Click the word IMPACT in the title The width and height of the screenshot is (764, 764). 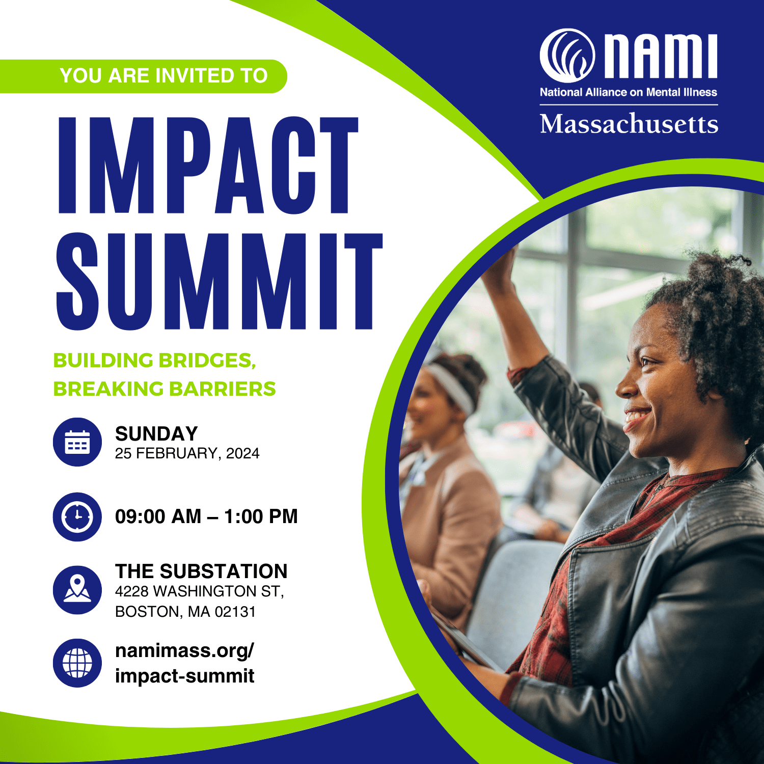(x=208, y=165)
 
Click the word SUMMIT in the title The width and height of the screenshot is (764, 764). (x=220, y=281)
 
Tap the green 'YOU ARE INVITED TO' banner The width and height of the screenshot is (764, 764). (x=143, y=76)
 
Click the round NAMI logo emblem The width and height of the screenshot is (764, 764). (x=567, y=56)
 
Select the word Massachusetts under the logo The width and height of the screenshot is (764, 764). (x=629, y=124)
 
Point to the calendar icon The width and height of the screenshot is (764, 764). (x=77, y=442)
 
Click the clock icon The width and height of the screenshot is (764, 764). (x=77, y=517)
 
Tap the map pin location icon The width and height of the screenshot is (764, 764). (x=77, y=590)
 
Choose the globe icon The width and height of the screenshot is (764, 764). (x=77, y=663)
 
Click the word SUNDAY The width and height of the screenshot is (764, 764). (x=156, y=434)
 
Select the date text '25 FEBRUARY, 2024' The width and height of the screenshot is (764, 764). (x=187, y=453)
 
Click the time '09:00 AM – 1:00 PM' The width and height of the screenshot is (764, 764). (x=206, y=516)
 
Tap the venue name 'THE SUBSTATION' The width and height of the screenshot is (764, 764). (x=201, y=571)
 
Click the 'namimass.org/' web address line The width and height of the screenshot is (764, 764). (x=184, y=651)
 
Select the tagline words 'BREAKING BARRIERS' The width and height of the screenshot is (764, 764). (x=165, y=389)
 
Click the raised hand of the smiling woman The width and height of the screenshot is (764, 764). (x=501, y=265)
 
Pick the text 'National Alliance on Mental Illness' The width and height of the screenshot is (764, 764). (x=629, y=92)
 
